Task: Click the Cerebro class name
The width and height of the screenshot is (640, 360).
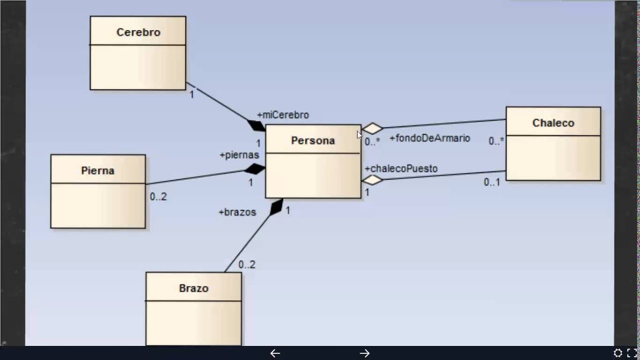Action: [138, 32]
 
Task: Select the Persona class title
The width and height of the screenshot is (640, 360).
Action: [312, 141]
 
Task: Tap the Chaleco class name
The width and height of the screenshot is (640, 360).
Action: [553, 123]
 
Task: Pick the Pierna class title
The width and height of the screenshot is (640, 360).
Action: [97, 171]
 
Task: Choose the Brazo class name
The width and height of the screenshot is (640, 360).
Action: [193, 288]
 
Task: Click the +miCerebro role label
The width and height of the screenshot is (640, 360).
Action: [282, 115]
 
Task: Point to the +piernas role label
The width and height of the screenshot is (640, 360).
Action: [239, 155]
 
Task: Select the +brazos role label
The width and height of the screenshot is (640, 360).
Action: [237, 212]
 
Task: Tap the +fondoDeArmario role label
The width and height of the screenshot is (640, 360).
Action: [429, 138]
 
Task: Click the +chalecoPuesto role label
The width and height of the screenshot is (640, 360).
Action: [401, 169]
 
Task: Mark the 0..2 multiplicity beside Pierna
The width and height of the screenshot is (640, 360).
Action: [158, 197]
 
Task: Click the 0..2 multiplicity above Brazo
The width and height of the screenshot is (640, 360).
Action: [246, 265]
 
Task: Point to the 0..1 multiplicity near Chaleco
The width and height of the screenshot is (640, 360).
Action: [491, 182]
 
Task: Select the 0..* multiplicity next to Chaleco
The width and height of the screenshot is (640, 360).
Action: [496, 141]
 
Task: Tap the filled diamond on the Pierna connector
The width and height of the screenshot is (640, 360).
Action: [254, 169]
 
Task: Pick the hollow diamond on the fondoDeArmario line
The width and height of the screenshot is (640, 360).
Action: [372, 128]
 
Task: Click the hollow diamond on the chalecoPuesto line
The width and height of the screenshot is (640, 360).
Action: [372, 180]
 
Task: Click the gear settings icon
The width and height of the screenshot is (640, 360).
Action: [618, 353]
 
